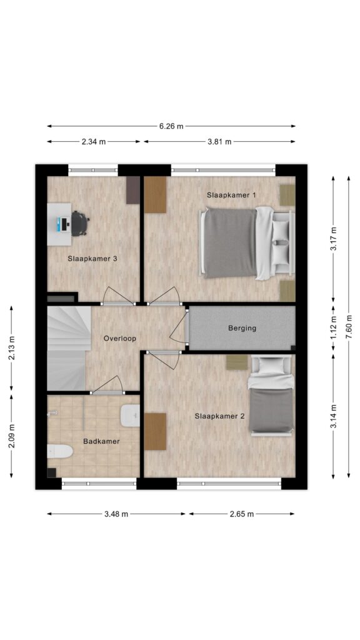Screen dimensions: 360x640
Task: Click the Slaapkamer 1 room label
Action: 231,195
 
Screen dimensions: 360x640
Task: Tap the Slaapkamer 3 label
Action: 92,258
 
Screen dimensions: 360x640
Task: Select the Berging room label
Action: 242,327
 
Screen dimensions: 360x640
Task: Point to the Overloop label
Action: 119,338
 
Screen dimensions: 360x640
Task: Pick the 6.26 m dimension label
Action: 171,126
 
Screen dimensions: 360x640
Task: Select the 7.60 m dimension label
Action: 349,327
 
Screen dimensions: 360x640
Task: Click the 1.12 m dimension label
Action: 334,327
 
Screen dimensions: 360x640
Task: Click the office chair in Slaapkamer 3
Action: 80,223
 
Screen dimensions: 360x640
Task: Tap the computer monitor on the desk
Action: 64,223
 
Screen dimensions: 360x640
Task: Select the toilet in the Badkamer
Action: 60,452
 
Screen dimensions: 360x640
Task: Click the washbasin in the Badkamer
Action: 131,415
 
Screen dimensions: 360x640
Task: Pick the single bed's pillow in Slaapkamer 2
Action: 271,366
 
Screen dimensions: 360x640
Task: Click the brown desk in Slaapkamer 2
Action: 155,431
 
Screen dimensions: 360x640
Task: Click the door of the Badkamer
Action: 107,386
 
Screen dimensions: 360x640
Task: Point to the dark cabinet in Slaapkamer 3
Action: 133,190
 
